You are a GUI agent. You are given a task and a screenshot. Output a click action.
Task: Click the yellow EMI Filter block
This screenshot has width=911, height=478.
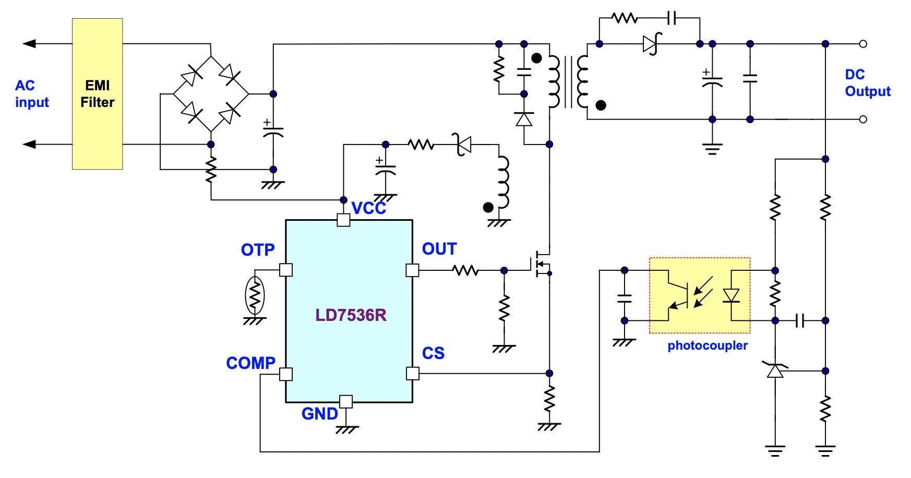97,94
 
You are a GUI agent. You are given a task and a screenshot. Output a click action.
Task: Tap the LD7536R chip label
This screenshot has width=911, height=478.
351,315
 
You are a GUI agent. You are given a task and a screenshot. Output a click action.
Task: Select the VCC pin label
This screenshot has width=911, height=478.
368,208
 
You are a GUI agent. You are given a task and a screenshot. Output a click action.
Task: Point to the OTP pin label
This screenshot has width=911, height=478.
258,250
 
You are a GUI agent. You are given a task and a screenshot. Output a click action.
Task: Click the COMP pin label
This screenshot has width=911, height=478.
250,363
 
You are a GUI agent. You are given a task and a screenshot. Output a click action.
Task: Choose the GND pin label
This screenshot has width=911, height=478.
319,414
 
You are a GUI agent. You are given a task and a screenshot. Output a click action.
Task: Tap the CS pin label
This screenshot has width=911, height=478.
433,353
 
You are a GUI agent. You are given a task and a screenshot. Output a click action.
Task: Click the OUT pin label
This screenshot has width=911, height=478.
439,249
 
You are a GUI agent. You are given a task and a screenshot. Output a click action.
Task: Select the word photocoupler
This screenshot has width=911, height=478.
708,345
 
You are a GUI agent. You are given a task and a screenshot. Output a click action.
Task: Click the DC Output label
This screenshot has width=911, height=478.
867,83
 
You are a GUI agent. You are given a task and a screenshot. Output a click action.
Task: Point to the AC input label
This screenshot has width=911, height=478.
32,93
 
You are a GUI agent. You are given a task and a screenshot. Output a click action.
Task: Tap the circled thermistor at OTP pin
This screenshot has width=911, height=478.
255,296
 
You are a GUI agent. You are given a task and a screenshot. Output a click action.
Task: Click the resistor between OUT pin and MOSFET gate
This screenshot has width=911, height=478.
465,270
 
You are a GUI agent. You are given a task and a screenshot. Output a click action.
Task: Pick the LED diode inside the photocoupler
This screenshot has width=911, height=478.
731,296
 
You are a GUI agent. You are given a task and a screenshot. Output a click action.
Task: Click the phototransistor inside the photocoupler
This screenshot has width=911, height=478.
678,295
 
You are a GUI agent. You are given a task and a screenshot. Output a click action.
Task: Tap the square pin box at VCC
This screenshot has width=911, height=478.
343,220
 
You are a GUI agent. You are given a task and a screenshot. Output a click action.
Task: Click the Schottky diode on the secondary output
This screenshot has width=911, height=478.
652,44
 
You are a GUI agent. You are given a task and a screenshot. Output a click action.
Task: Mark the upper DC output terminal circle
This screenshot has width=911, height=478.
863,44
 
